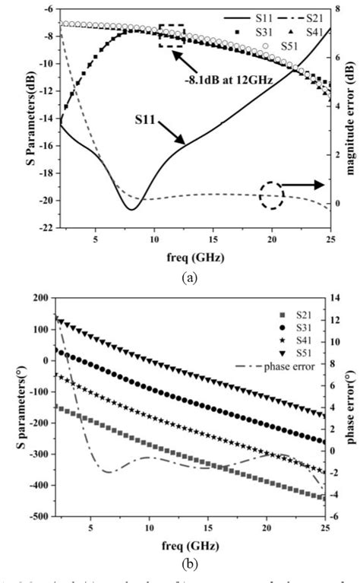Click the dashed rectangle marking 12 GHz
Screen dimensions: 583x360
[x=172, y=36]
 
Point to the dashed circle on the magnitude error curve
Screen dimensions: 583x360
[x=271, y=195]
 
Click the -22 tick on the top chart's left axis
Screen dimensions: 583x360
[x=46, y=228]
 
